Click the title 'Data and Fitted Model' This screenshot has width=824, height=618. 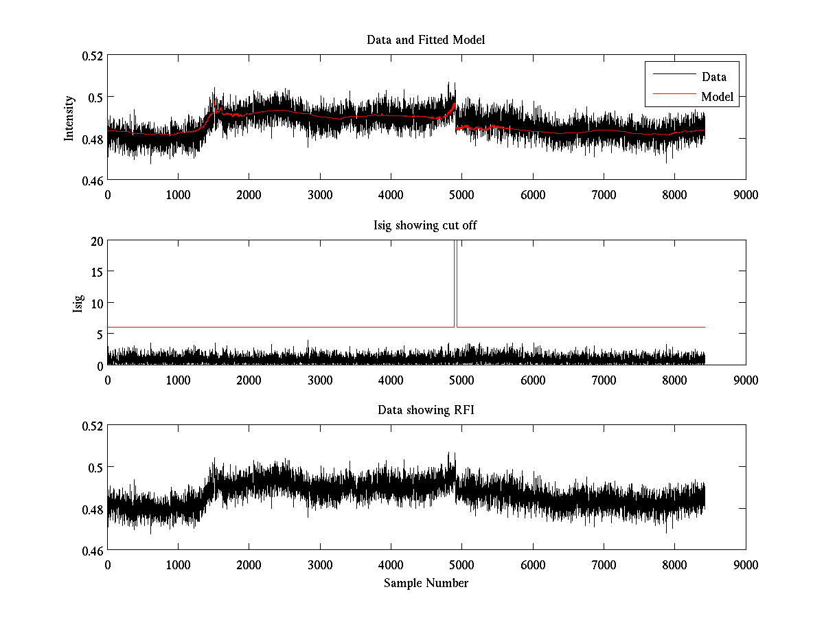pyautogui.click(x=426, y=40)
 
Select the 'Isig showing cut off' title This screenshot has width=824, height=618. pyautogui.click(x=426, y=225)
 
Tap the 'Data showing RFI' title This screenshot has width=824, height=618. pyautogui.click(x=426, y=410)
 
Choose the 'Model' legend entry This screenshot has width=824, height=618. pyautogui.click(x=717, y=97)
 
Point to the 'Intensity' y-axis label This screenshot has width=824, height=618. pyautogui.click(x=69, y=117)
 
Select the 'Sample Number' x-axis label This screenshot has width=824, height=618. pyautogui.click(x=426, y=583)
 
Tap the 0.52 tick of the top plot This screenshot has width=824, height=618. pyautogui.click(x=92, y=55)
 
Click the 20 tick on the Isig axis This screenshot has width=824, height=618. pyautogui.click(x=96, y=240)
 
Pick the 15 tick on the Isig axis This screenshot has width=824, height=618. pyautogui.click(x=96, y=271)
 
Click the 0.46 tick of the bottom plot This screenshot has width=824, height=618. pyautogui.click(x=92, y=551)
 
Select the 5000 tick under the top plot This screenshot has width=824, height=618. pyautogui.click(x=461, y=194)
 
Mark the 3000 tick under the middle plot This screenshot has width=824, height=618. pyautogui.click(x=320, y=379)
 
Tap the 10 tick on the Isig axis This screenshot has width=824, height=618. pyautogui.click(x=96, y=303)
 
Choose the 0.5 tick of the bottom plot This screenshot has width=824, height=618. pyautogui.click(x=95, y=467)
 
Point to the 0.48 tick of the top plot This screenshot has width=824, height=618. pyautogui.click(x=92, y=139)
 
